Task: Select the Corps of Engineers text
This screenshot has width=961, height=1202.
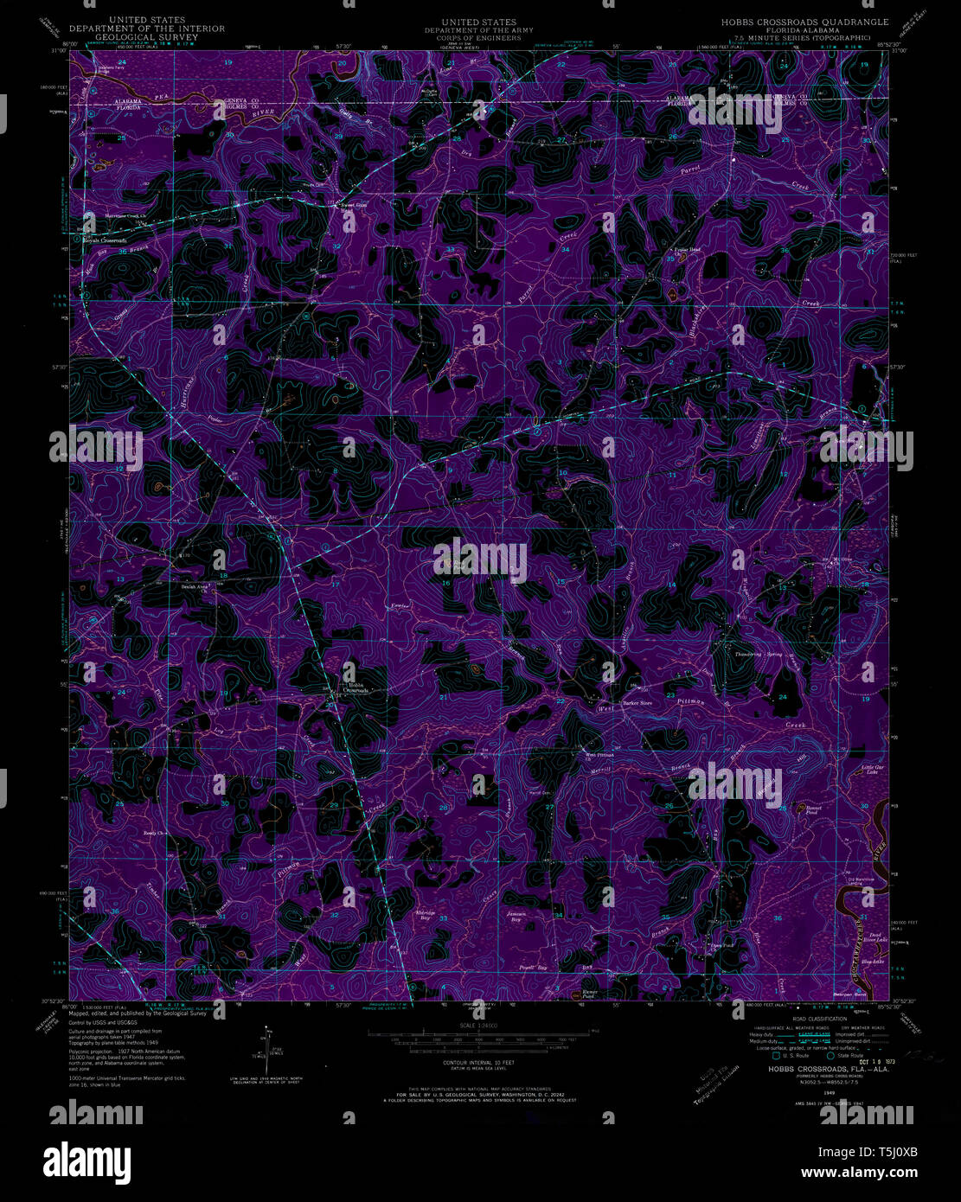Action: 478,37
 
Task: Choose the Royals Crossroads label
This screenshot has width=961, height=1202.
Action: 106,240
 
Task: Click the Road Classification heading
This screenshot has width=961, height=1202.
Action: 812,1020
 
